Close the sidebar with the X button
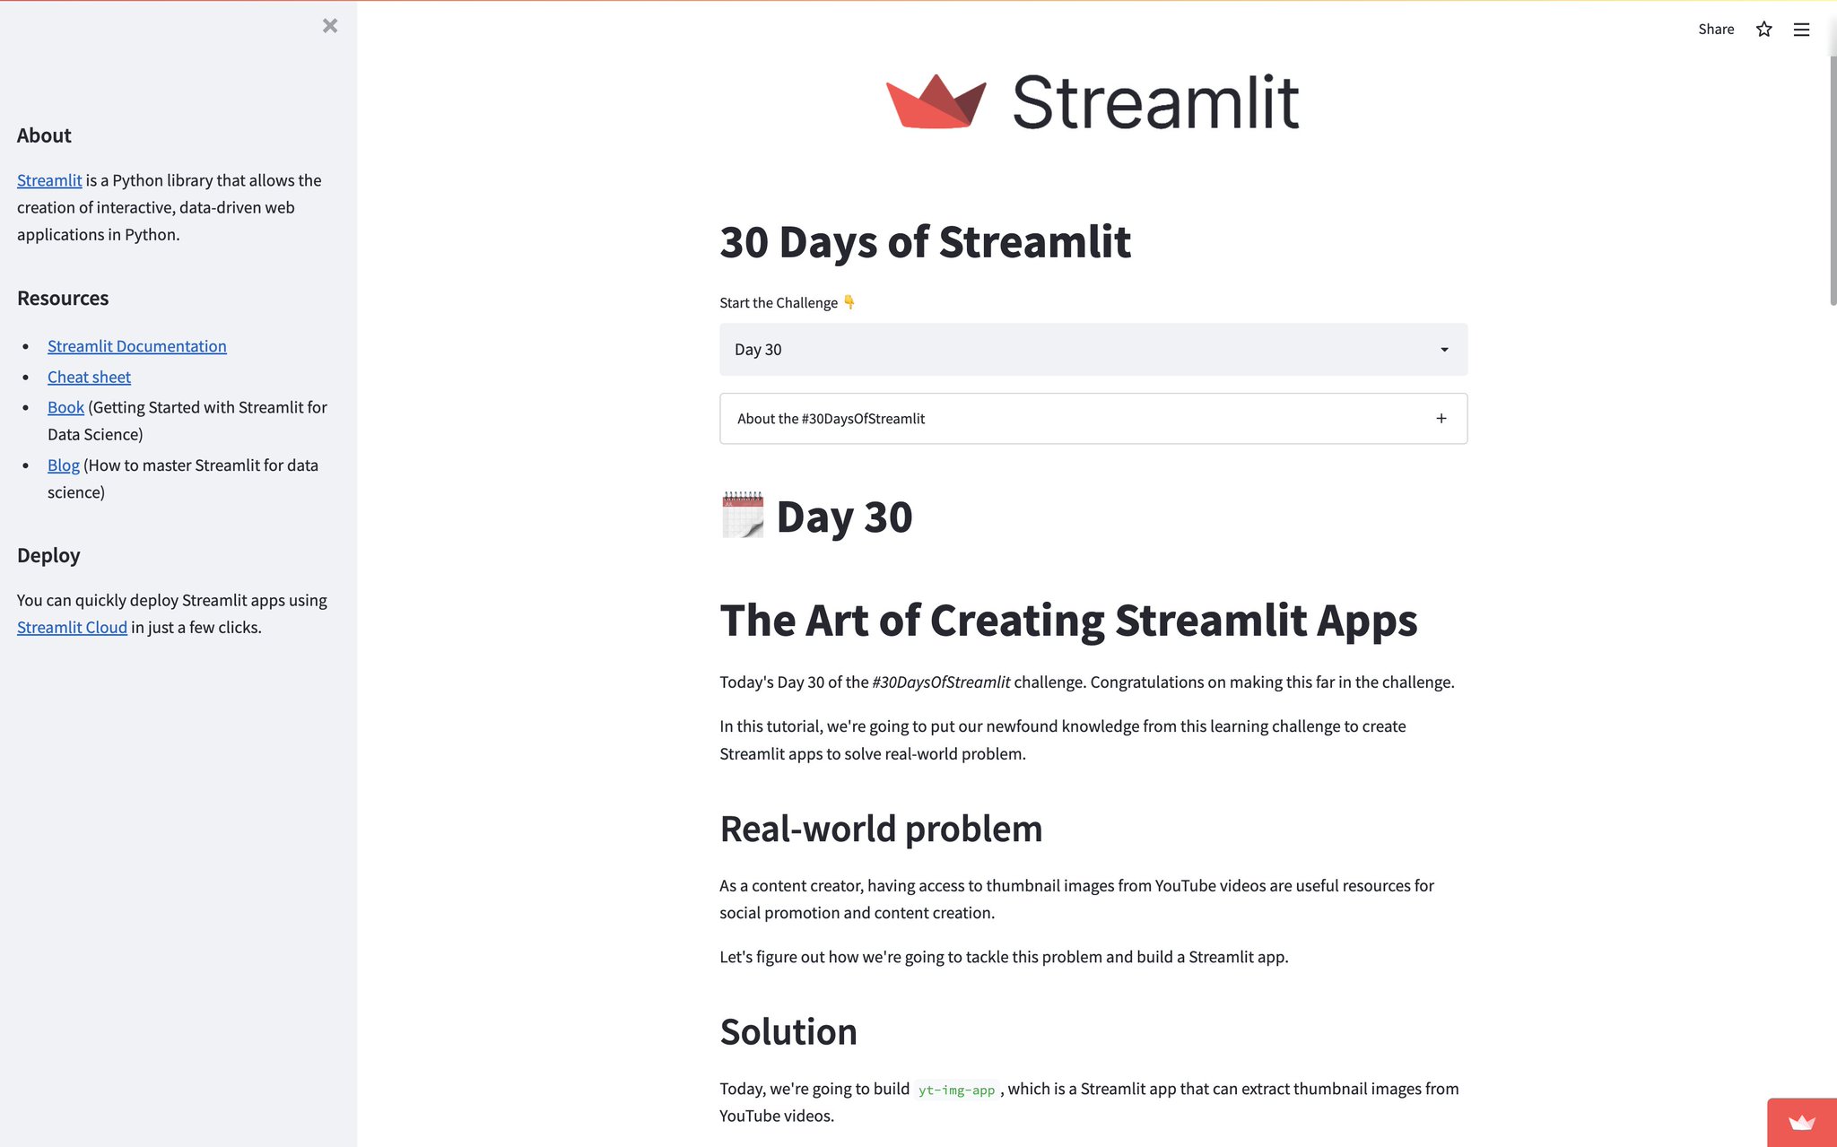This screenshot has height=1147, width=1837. point(330,26)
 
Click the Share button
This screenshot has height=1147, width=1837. point(1715,30)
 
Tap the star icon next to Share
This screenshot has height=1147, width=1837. point(1763,30)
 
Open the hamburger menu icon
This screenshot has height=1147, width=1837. point(1801,30)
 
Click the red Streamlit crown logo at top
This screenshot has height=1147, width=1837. point(936,101)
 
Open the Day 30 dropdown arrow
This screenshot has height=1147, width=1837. point(1444,350)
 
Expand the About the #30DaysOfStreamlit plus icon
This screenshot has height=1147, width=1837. point(1441,419)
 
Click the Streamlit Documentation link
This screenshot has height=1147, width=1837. point(136,346)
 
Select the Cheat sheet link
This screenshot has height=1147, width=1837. point(89,378)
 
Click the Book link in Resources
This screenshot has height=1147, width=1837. point(65,408)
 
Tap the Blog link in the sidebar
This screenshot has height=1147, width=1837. point(63,465)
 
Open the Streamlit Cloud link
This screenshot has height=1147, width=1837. point(72,628)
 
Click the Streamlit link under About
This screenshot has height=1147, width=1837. point(49,180)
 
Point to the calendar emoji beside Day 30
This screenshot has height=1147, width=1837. point(743,516)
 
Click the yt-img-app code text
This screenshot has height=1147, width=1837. point(956,1090)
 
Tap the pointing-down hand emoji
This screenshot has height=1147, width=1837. point(849,302)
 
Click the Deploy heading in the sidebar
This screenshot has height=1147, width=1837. point(48,555)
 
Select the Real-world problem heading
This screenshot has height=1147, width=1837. point(881,829)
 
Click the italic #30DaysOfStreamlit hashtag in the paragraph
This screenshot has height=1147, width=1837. point(941,682)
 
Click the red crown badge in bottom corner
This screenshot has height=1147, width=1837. point(1801,1123)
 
